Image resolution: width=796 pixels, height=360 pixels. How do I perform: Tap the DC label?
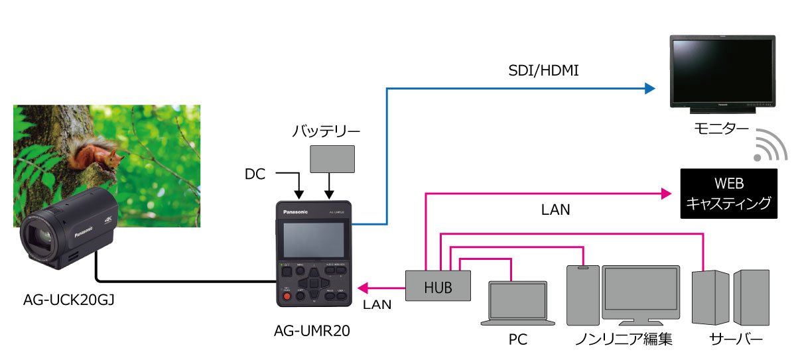click(255, 175)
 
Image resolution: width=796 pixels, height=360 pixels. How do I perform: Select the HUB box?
click(438, 286)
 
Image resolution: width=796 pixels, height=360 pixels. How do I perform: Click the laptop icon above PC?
click(517, 303)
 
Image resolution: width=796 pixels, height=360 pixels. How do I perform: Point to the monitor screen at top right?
click(722, 70)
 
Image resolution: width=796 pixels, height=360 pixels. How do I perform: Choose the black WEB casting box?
click(728, 194)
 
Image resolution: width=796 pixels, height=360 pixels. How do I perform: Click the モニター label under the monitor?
click(724, 128)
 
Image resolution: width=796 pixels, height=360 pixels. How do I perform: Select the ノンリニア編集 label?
click(624, 340)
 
